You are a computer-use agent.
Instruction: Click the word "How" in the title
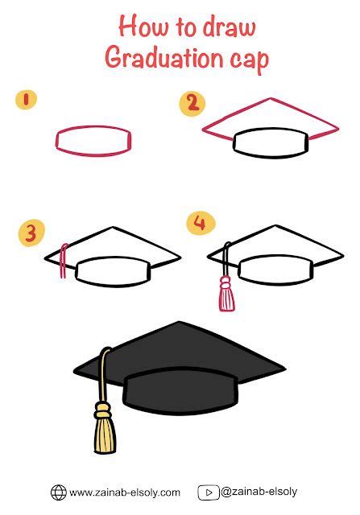[x=136, y=27]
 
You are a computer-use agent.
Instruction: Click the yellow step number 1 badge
[x=27, y=100]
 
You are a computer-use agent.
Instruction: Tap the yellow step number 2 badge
[x=191, y=102]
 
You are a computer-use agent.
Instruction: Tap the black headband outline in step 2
[x=270, y=143]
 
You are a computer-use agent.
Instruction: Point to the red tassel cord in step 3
[x=61, y=262]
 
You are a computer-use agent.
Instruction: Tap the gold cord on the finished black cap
[x=102, y=378]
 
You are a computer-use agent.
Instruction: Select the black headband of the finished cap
[x=181, y=389]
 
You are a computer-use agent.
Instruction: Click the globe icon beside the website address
[x=59, y=492]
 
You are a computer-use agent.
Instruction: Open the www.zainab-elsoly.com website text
[x=124, y=492]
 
